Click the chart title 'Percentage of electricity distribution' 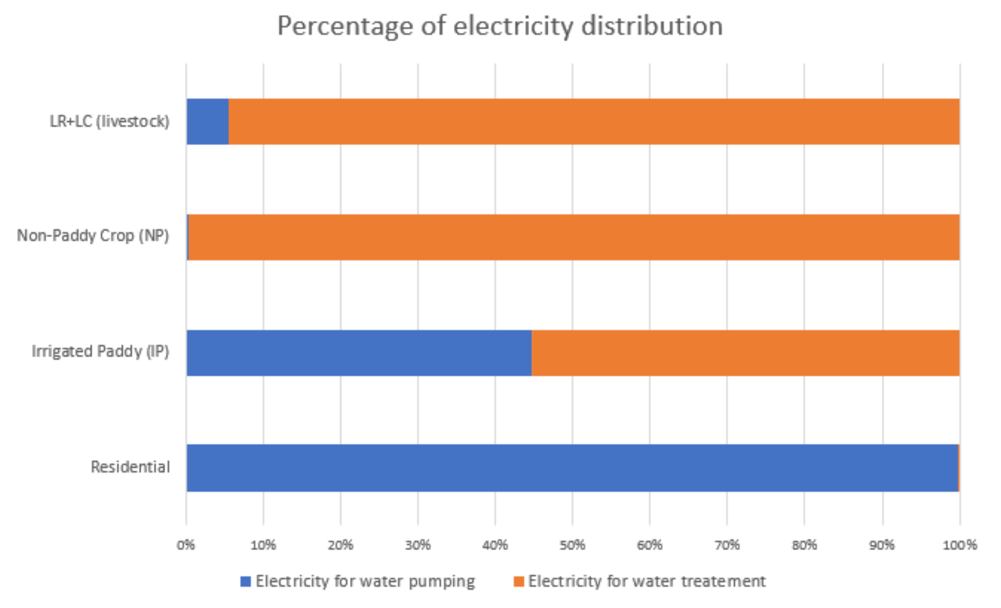[500, 26]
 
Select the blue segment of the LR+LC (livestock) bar [207, 122]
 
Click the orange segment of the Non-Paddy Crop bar [574, 237]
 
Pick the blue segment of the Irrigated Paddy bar [359, 353]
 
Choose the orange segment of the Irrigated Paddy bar [745, 353]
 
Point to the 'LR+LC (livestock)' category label [110, 122]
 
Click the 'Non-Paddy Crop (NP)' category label [93, 236]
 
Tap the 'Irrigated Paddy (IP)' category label [101, 352]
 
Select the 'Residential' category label [130, 467]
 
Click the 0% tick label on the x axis [186, 545]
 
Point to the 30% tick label [418, 545]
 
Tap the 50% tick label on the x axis [572, 545]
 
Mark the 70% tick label [727, 545]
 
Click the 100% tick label [959, 545]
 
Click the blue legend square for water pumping [246, 581]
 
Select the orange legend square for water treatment [519, 581]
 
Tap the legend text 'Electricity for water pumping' [365, 581]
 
